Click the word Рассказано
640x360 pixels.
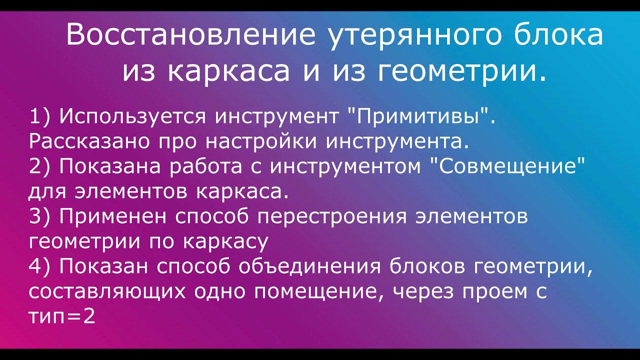(x=90, y=142)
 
